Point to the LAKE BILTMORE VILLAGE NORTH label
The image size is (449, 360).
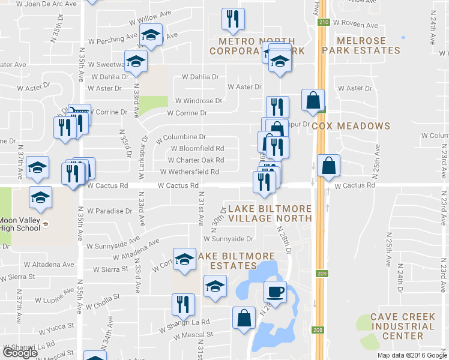tap(270, 213)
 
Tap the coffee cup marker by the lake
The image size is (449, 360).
tap(276, 292)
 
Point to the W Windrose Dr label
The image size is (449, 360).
tap(199, 101)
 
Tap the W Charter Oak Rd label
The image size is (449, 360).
tap(196, 160)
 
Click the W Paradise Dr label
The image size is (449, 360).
tap(109, 211)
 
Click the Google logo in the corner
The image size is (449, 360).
tap(20, 353)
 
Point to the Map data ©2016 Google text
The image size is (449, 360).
tap(411, 355)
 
